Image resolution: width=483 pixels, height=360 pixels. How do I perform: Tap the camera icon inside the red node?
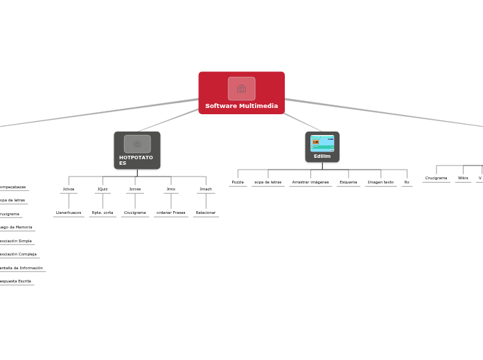tap(241, 89)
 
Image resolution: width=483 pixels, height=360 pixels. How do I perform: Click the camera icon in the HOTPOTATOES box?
tap(137, 144)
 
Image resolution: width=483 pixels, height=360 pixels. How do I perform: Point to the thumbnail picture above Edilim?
tap(322, 143)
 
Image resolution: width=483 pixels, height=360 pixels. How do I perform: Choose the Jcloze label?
tap(69, 189)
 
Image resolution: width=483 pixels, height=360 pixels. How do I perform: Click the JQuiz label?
tap(103, 189)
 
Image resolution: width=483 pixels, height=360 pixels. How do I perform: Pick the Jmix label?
tap(170, 189)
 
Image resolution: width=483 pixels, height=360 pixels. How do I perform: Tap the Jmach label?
tap(206, 189)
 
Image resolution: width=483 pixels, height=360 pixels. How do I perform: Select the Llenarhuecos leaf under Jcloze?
tap(69, 213)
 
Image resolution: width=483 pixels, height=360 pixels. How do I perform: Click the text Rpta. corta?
tap(103, 213)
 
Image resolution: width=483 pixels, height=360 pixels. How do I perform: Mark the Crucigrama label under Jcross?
tap(135, 213)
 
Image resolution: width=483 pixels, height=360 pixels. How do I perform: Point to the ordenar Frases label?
tap(170, 213)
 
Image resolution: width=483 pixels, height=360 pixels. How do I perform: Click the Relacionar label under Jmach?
tap(206, 213)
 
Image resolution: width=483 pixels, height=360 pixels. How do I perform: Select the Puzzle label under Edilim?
tap(238, 182)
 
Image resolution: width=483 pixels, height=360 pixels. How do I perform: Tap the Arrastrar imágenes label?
tap(310, 182)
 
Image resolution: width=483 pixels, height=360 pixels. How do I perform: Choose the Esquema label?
tap(349, 182)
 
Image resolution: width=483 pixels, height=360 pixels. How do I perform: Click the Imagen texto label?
tap(380, 182)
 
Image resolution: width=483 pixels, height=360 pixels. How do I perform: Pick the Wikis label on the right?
tap(463, 178)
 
